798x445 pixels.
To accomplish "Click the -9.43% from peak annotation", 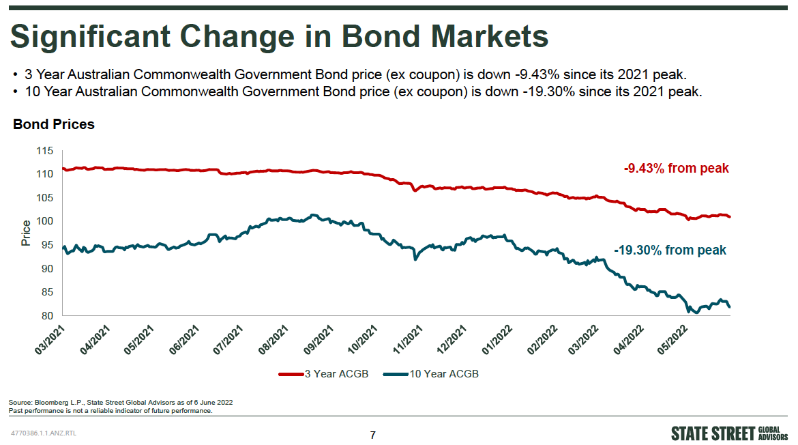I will (x=676, y=168).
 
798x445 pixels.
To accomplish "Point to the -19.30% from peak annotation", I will (x=670, y=250).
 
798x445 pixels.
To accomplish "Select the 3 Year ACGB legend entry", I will (x=323, y=374).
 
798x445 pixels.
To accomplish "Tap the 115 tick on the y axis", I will (x=44, y=150).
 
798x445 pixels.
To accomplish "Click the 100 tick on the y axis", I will (x=44, y=221).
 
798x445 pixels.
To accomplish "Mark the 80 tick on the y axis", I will (x=47, y=316).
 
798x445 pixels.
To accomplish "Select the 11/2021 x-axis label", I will (x=409, y=339).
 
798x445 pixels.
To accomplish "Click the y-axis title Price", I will (x=26, y=233).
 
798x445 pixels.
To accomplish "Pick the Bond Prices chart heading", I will (x=54, y=125).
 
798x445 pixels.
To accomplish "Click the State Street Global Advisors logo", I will (x=730, y=433).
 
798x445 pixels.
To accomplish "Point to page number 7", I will (x=372, y=435).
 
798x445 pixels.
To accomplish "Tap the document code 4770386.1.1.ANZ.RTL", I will (x=44, y=433).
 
